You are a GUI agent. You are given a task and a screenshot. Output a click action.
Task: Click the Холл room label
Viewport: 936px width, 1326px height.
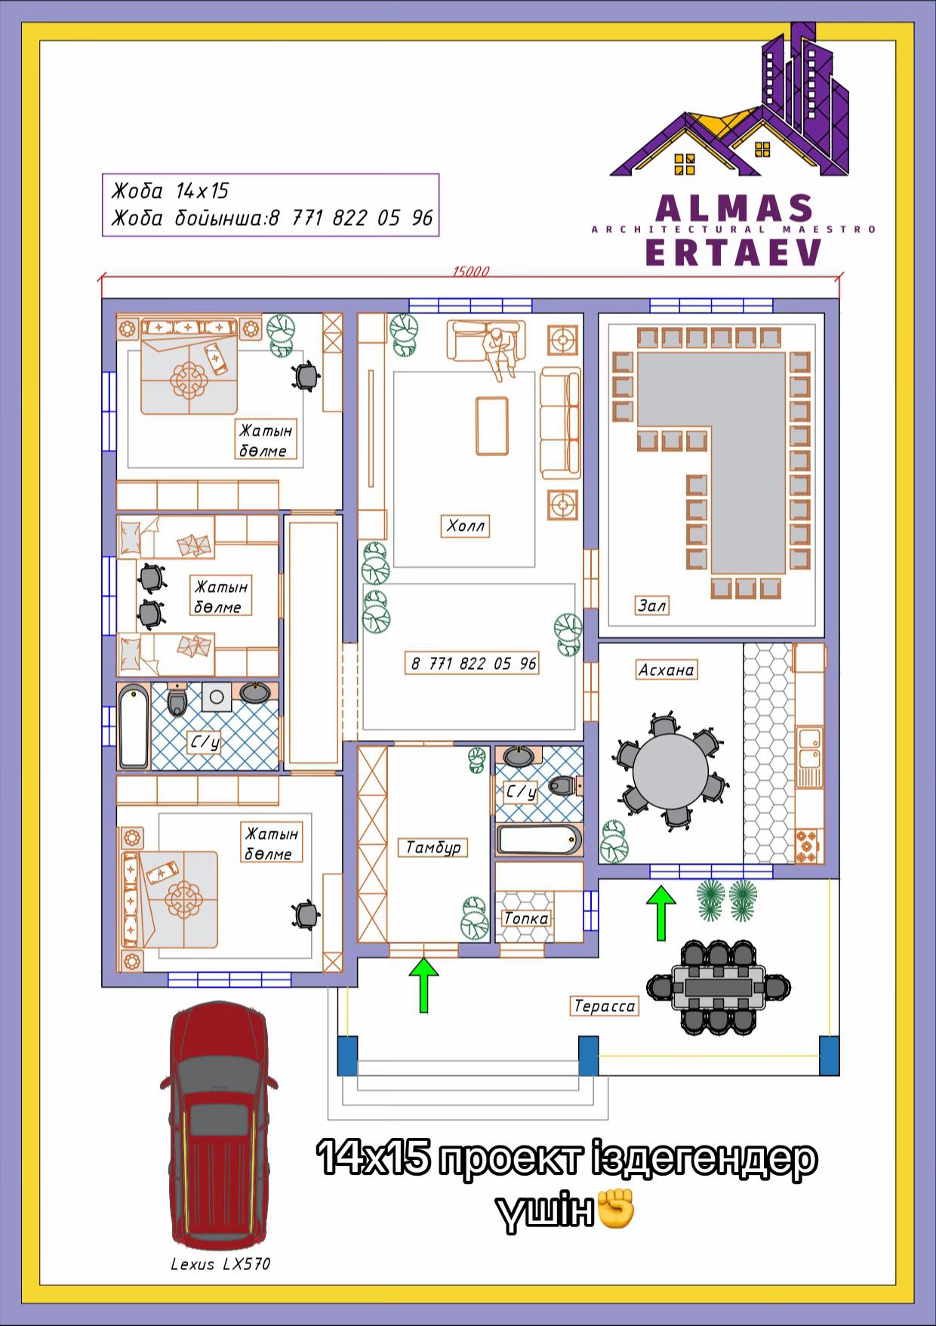465,526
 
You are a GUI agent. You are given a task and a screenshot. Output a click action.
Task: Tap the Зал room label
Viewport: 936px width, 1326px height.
652,605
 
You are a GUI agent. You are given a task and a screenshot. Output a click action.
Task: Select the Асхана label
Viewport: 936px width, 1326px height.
666,670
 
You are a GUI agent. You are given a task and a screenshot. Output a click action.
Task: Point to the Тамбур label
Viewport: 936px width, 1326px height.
433,847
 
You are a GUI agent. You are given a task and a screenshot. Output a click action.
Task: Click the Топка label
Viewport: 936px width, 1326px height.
527,919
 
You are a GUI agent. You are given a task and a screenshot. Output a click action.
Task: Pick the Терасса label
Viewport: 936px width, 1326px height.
605,1006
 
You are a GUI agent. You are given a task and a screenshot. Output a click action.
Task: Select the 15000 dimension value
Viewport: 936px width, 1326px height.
471,271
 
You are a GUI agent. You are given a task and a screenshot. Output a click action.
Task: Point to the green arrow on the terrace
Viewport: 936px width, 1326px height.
661,914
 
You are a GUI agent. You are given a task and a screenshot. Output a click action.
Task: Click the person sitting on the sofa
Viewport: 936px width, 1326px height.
500,352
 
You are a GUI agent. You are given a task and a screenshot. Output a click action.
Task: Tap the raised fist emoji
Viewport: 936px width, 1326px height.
616,1210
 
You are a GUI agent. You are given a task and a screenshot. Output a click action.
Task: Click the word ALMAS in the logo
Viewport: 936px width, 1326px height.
734,208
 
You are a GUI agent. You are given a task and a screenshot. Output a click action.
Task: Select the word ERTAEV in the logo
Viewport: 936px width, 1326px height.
734,252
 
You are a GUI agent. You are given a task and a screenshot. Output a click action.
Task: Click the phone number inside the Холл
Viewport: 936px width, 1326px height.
473,664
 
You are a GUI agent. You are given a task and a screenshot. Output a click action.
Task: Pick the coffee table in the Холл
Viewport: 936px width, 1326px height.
491,426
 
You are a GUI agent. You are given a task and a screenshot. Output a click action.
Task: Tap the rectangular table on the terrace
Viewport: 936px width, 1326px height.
718,987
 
